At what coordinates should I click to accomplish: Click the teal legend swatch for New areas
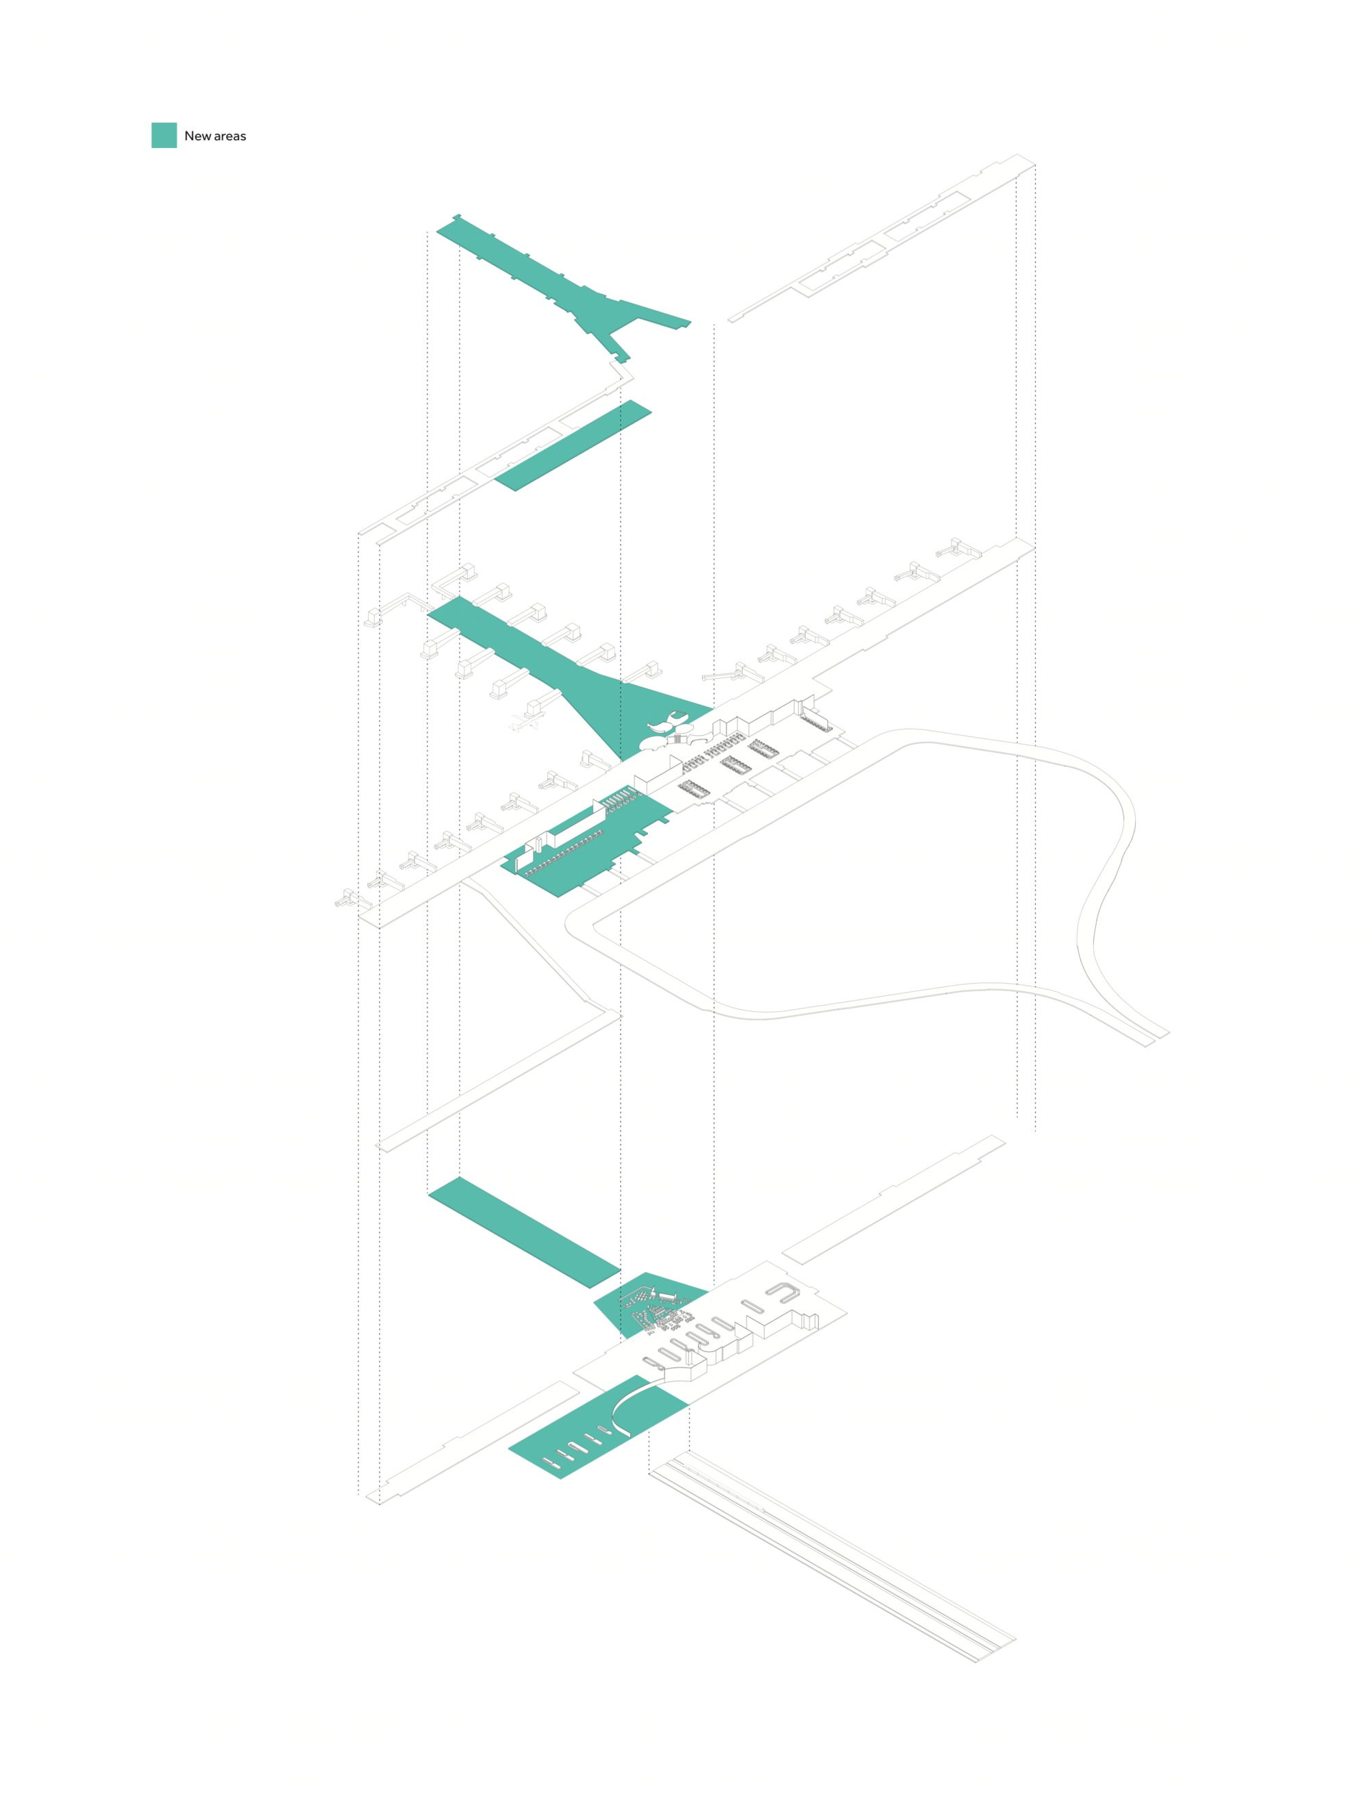[x=164, y=136]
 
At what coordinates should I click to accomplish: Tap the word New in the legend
[x=197, y=136]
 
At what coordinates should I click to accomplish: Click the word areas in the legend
[x=230, y=137]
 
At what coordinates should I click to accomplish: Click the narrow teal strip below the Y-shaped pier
[x=573, y=445]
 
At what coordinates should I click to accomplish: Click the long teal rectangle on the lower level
[x=524, y=1232]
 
